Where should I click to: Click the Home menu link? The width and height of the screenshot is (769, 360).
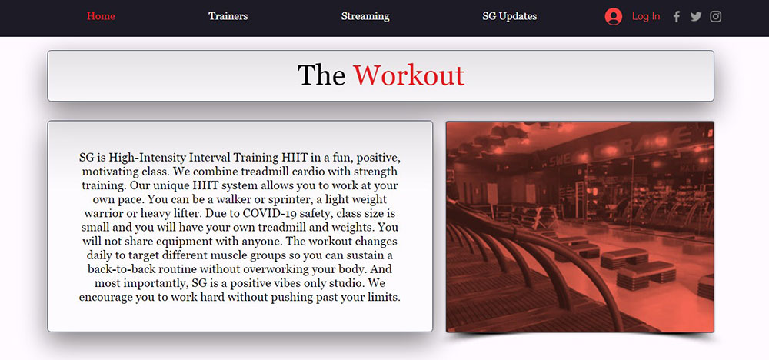101,16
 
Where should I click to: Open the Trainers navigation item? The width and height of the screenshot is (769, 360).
228,16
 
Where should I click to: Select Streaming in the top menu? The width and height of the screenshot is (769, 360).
365,16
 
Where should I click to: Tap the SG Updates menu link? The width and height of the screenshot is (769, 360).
510,16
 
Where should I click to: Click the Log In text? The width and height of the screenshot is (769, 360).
646,16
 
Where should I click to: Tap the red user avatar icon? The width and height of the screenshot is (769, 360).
614,16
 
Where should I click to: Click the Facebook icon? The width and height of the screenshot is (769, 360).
677,17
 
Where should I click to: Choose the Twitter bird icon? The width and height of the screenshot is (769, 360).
696,17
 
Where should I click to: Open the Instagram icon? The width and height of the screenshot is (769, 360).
715,17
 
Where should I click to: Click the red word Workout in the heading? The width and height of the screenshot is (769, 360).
408,75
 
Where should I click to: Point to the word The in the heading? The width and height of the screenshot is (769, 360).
321,75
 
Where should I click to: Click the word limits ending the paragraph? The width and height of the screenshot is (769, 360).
384,297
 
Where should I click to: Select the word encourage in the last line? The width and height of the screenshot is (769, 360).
102,297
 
